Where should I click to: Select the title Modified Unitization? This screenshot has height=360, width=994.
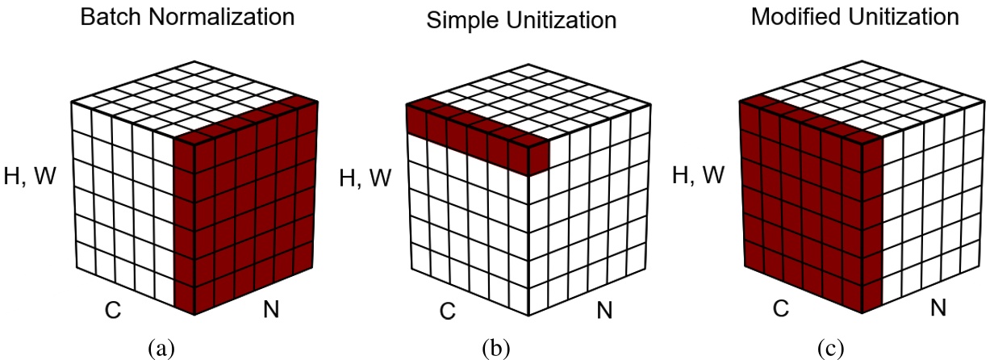[855, 16]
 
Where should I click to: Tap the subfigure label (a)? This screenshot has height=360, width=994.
[161, 349]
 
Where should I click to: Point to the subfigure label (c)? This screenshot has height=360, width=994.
[831, 349]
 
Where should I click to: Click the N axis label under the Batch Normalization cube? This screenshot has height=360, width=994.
[272, 308]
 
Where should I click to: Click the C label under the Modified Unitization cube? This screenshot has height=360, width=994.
[781, 308]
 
